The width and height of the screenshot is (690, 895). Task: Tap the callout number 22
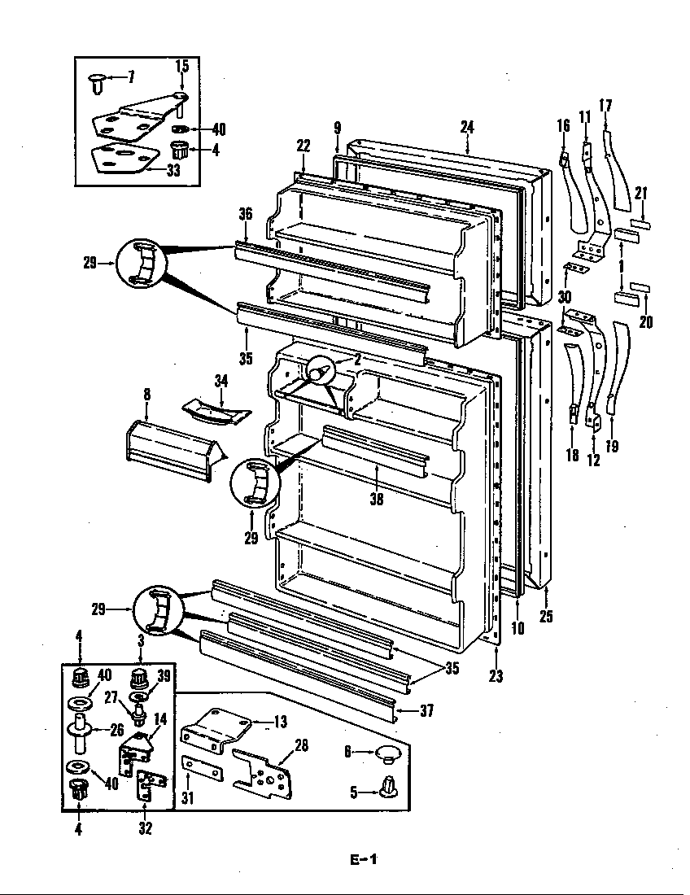[x=303, y=146]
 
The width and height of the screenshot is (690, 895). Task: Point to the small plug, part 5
[x=389, y=786]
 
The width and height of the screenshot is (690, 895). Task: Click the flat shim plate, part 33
[x=122, y=158]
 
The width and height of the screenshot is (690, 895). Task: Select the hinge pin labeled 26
[x=81, y=729]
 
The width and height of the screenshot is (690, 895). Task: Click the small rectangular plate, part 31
[x=200, y=767]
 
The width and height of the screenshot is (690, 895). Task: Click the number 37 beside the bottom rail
[x=426, y=711]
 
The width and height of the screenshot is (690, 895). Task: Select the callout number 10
[x=518, y=627]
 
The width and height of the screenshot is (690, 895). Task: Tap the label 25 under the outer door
[x=546, y=616]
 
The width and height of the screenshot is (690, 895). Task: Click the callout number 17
[x=605, y=104]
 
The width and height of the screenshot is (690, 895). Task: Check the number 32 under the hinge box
[x=144, y=829]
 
